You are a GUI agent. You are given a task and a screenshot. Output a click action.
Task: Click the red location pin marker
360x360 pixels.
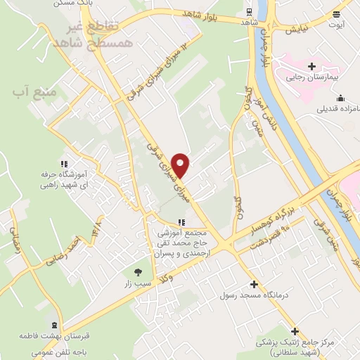pyautogui.click(x=181, y=165)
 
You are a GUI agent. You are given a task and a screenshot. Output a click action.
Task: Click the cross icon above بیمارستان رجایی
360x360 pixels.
pyautogui.click(x=311, y=67)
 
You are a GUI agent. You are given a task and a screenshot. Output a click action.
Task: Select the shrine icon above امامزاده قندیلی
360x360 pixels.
pyautogui.click(x=340, y=98)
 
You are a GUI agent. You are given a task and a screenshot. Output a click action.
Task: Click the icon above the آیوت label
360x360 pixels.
pyautogui.click(x=337, y=13)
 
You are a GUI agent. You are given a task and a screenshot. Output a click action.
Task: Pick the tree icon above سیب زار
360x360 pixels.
pyautogui.click(x=139, y=272)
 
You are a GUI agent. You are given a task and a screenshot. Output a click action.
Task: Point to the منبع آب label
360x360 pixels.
pyautogui.click(x=30, y=92)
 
